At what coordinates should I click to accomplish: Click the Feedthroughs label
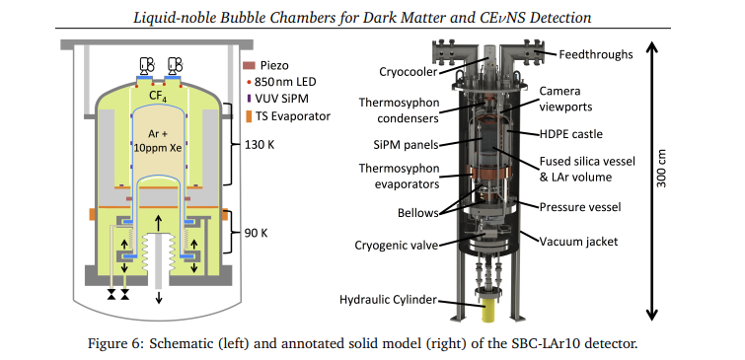pyautogui.click(x=596, y=54)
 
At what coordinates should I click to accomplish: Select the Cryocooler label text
pyautogui.click(x=409, y=72)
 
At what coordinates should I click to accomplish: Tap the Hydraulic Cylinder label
pyautogui.click(x=388, y=300)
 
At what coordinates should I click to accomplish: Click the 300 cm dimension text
pyautogui.click(x=661, y=169)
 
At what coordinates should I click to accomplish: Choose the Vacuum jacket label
pyautogui.click(x=578, y=242)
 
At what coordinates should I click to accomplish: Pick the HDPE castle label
pyautogui.click(x=571, y=134)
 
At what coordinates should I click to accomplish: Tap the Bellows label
pyautogui.click(x=418, y=213)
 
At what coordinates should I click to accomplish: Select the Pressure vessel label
pyautogui.click(x=580, y=207)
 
